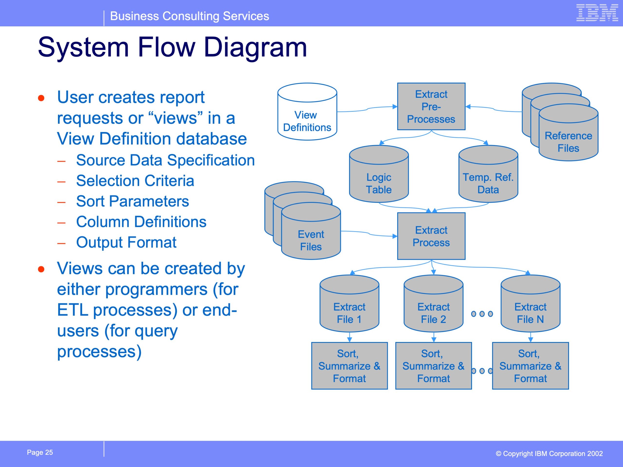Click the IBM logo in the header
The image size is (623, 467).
597,13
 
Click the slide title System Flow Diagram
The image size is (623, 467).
172,47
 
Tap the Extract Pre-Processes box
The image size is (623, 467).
431,106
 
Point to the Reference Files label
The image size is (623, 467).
568,142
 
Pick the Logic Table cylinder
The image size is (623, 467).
379,174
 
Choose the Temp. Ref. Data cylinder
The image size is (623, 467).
488,174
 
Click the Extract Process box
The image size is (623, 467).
431,236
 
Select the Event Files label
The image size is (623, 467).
311,240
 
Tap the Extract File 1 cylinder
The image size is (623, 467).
349,304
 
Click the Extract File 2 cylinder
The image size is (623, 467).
433,304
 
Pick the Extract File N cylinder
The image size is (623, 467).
530,304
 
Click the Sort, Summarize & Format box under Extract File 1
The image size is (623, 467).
349,366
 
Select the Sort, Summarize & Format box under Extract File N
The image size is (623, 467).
530,366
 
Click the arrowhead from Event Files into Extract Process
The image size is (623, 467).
395,236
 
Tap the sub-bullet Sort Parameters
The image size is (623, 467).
132,201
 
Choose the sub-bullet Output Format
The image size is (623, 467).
126,242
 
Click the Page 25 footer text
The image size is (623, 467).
40,452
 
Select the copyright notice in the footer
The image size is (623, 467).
549,453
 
